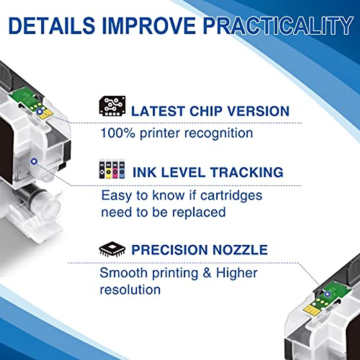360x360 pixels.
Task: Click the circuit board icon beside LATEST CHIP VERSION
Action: click(112, 106)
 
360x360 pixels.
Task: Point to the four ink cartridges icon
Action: click(111, 170)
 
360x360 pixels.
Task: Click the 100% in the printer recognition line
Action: click(118, 133)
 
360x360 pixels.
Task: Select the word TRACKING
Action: click(247, 172)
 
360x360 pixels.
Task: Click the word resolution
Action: click(130, 290)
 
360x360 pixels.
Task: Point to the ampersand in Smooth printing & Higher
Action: click(207, 273)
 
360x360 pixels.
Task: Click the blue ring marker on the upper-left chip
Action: click(39, 112)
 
